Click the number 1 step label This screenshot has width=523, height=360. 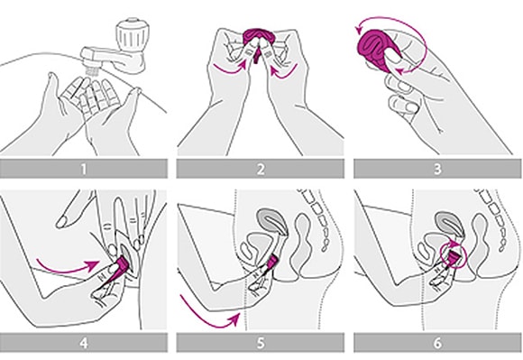(83, 169)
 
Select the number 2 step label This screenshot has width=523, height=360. (261, 169)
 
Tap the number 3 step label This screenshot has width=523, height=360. (437, 169)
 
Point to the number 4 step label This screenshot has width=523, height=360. (84, 343)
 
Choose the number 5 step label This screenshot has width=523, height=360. (261, 343)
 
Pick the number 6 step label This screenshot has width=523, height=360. (437, 343)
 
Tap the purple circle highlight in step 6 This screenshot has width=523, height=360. (453, 256)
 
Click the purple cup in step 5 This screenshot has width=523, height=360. (272, 262)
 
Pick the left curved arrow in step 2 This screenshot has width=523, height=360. (230, 68)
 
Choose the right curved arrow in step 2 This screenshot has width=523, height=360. (283, 72)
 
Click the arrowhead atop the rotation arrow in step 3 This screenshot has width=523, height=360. (359, 30)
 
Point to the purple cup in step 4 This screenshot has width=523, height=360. (122, 263)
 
